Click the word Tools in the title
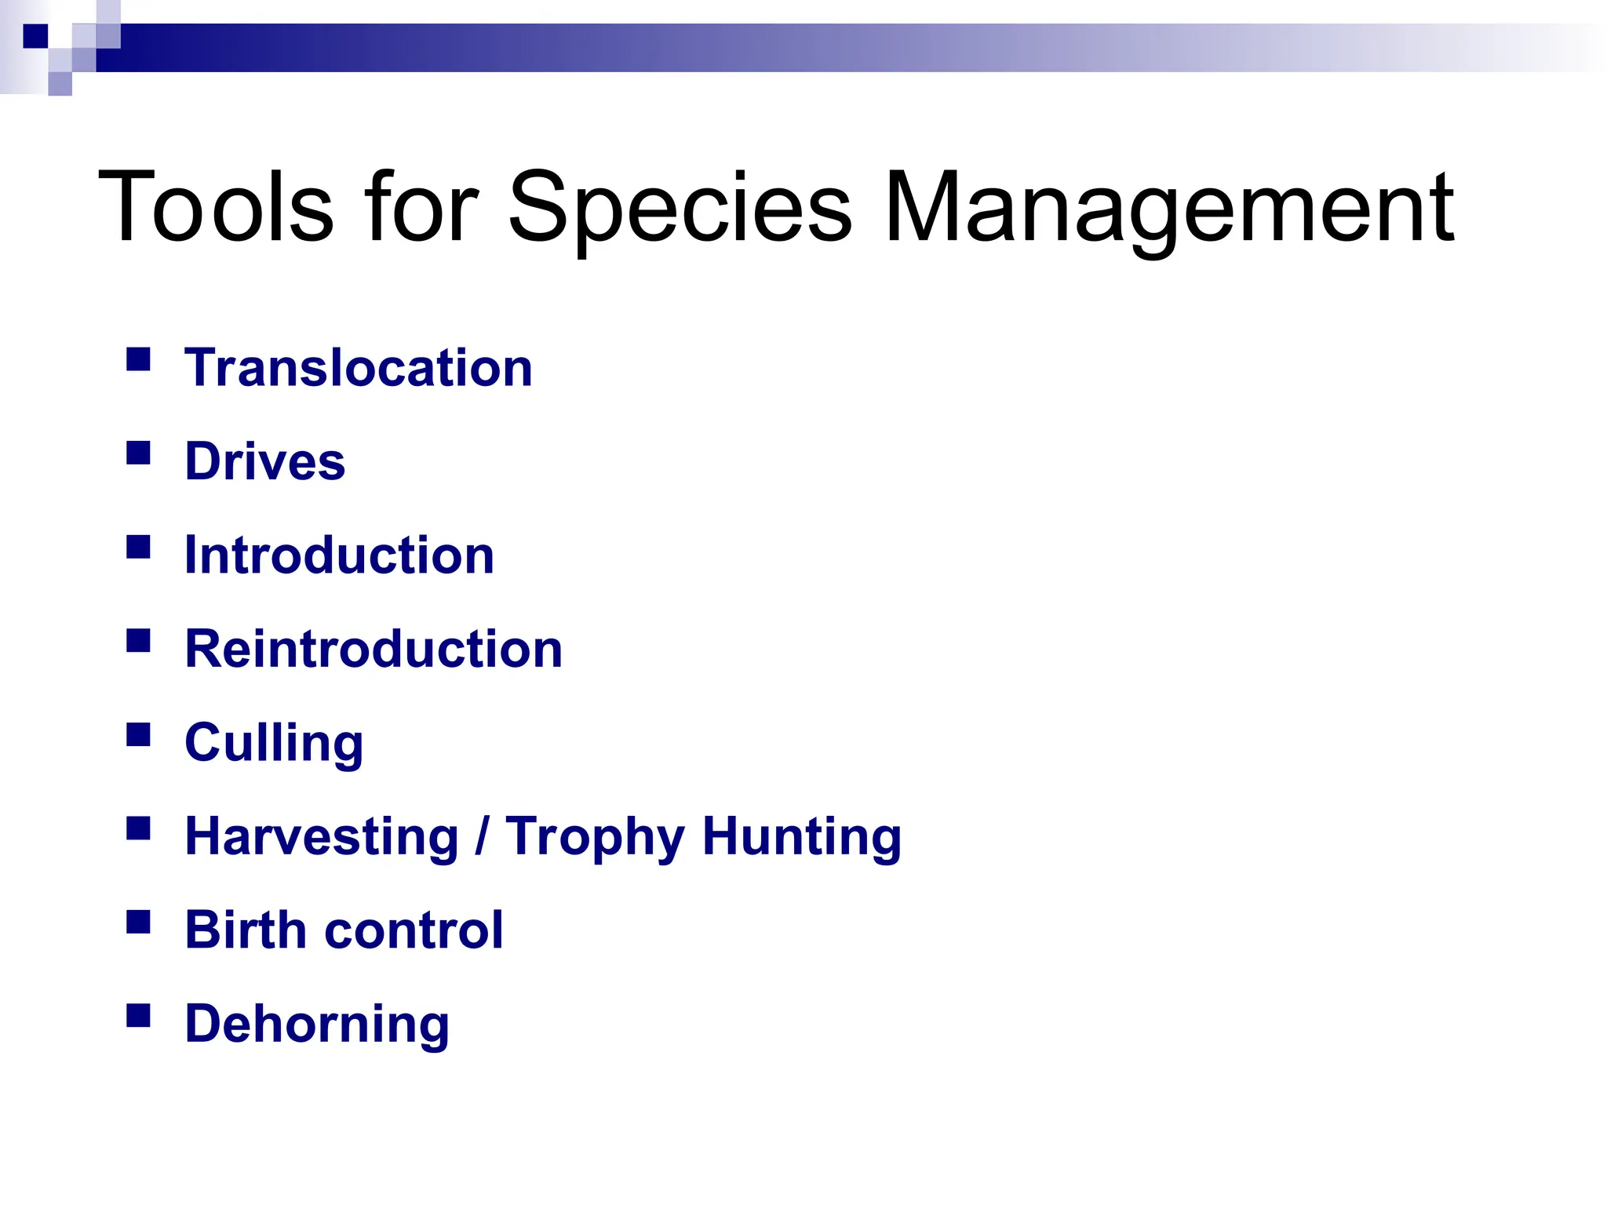coord(216,207)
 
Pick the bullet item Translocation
coord(359,368)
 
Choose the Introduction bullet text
coord(339,555)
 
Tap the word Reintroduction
coord(374,650)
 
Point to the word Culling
coord(274,743)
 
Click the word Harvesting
coord(322,837)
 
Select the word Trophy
coord(595,837)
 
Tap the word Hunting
coord(802,837)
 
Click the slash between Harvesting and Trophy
coord(482,837)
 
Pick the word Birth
coord(246,930)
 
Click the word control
coord(414,930)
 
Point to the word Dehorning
coord(317,1025)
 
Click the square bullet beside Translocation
coord(138,359)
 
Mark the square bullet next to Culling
coord(138,735)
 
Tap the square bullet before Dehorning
coord(138,1016)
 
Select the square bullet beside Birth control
coord(138,922)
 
